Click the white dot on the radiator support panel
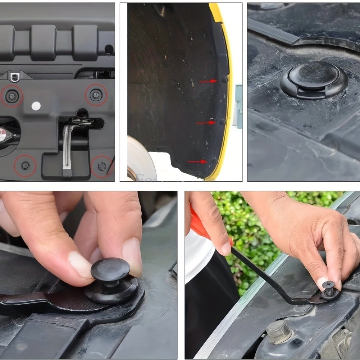point(36,106)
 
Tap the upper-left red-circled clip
point(12,96)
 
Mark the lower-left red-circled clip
point(25,165)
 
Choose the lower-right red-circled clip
point(102,166)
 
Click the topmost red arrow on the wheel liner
point(208,81)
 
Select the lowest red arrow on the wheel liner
point(197,162)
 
